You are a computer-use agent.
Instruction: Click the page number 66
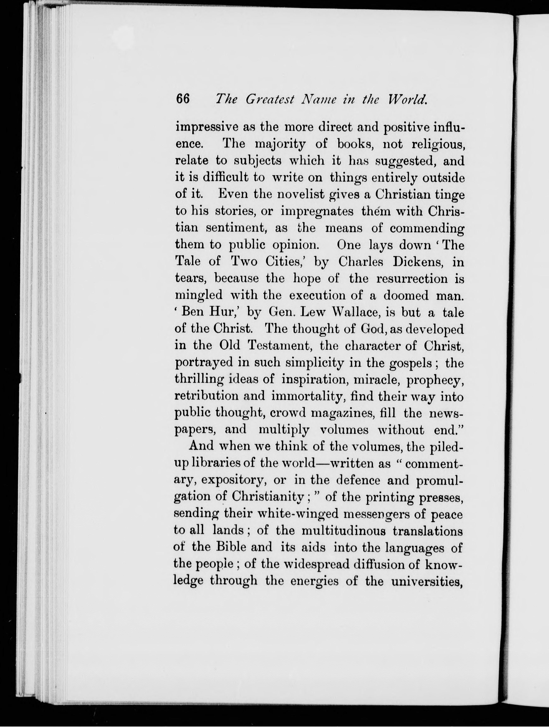183,99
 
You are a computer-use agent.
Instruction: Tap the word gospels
410,363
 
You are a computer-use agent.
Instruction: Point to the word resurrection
412,279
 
